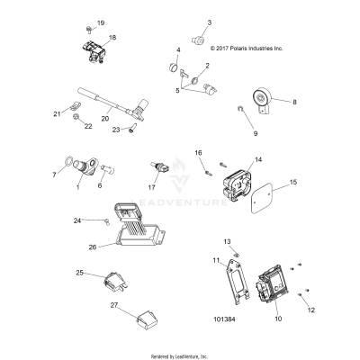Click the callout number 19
[100, 22]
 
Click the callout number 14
[258, 159]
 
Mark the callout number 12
[312, 310]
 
